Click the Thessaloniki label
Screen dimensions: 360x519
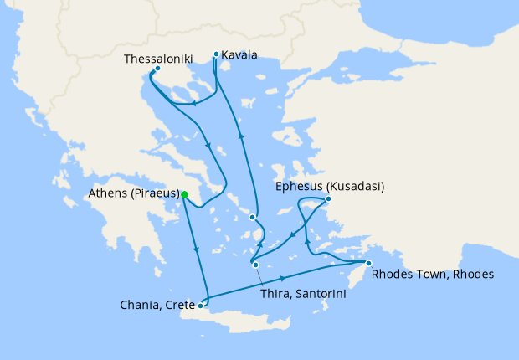[x=158, y=59]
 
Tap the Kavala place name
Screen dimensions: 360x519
[x=240, y=55]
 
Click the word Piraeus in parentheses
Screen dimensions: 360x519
[x=157, y=194]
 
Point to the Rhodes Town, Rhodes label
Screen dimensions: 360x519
[x=432, y=274]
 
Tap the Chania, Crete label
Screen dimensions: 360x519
[x=157, y=306]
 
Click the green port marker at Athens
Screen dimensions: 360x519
[x=184, y=195]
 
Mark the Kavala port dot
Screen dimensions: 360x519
[x=216, y=55]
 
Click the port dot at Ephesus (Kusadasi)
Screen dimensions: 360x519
[x=328, y=199]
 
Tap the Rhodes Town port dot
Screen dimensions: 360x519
[x=367, y=264]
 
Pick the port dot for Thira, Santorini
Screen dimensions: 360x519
[x=255, y=265]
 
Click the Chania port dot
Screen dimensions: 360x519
[x=200, y=306]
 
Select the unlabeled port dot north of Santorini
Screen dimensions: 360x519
[x=253, y=218]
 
